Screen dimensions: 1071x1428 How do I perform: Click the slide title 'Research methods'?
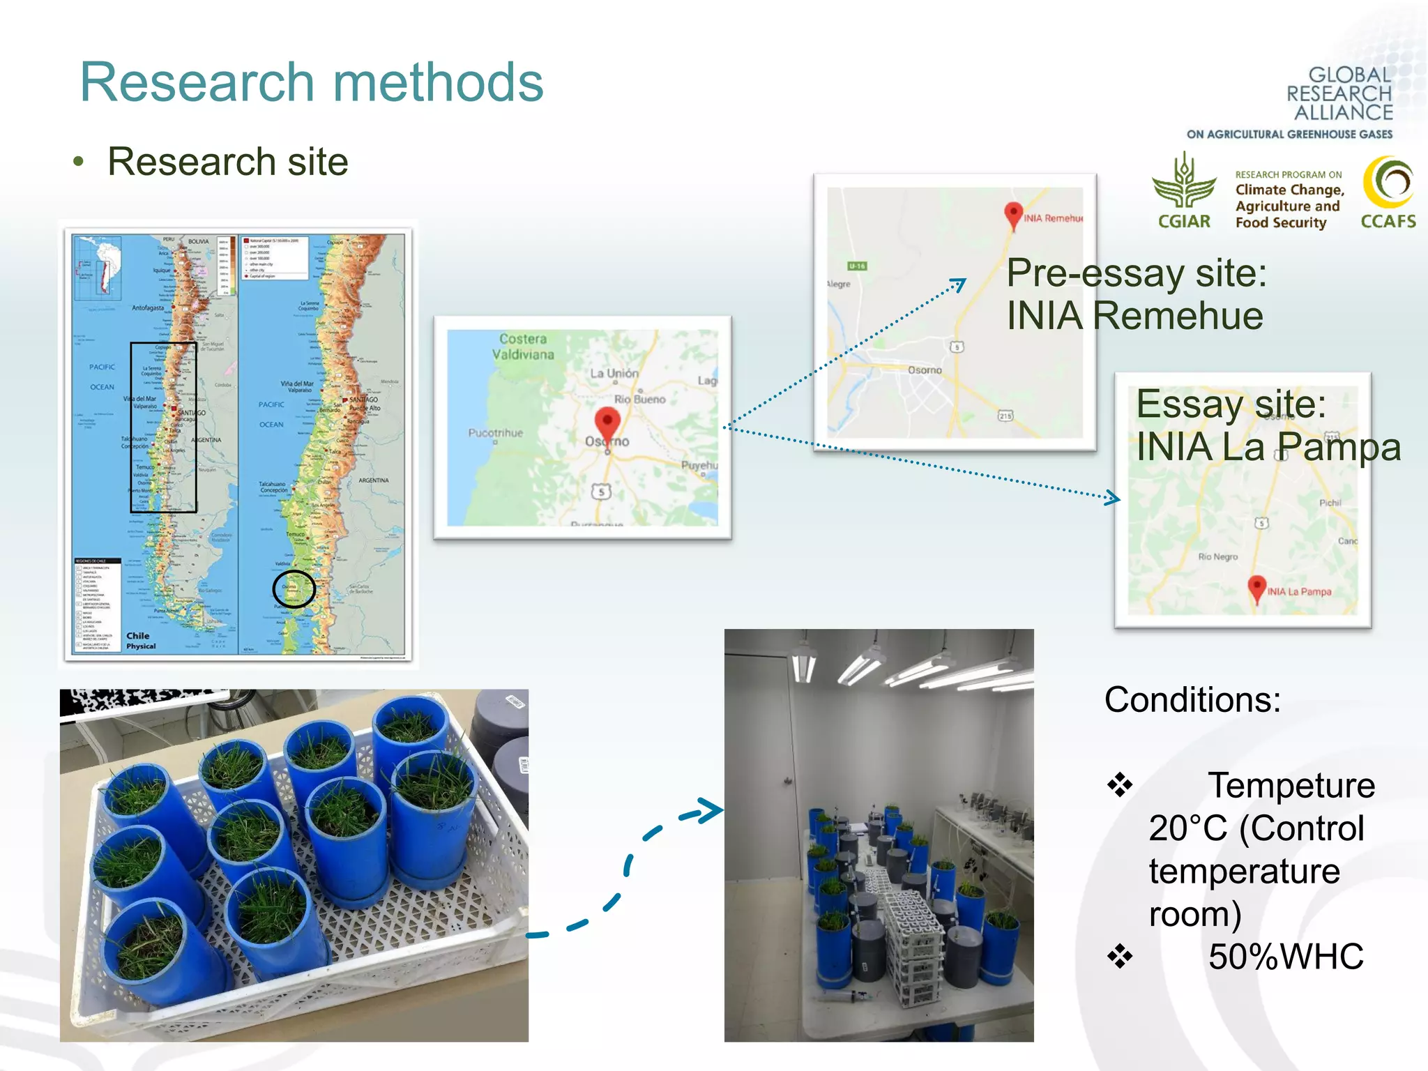[x=312, y=82]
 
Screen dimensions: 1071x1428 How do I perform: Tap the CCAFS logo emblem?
[x=1388, y=183]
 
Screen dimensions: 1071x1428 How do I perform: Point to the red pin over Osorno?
[x=607, y=423]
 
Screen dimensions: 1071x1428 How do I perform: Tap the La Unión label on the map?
[x=614, y=373]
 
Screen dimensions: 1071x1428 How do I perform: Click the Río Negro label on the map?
[x=1217, y=556]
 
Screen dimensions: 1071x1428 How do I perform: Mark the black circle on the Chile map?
[x=294, y=589]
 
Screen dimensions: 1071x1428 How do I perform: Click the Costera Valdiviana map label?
[x=523, y=347]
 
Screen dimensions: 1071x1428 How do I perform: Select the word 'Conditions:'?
[x=1192, y=699]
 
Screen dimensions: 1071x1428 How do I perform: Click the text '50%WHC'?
[x=1285, y=957]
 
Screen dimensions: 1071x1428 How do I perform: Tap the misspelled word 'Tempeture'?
[x=1291, y=786]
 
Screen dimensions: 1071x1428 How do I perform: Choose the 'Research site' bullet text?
[x=227, y=162]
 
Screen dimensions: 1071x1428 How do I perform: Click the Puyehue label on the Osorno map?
[x=699, y=465]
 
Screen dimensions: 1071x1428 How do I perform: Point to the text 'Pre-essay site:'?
[x=1136, y=273]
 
